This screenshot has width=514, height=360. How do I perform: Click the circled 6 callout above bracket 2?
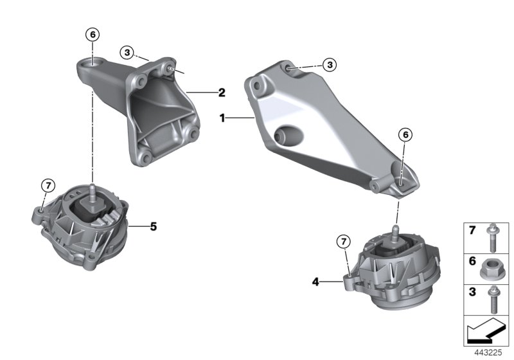tap(93, 34)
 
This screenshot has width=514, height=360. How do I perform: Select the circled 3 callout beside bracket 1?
tap(329, 64)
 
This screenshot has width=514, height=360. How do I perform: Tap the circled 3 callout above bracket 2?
tap(128, 51)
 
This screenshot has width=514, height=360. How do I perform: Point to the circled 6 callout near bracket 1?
tap(404, 134)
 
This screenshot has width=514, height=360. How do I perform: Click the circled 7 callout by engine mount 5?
tap(48, 186)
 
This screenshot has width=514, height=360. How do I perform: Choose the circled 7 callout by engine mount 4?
tap(343, 241)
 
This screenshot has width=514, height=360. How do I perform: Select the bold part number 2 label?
tap(221, 93)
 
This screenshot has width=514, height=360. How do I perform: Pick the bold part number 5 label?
tap(154, 226)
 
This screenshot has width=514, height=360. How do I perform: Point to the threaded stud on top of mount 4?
tap(394, 232)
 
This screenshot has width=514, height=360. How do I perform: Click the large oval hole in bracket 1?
tap(287, 136)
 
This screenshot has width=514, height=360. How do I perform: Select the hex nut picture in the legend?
tap(491, 265)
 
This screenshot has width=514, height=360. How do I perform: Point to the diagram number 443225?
tap(490, 352)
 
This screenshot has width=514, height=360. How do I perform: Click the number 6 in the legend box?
tap(471, 262)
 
